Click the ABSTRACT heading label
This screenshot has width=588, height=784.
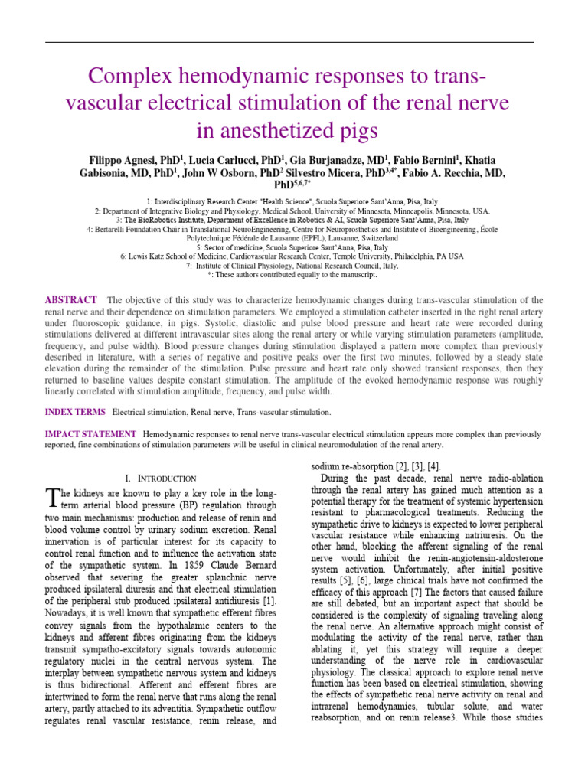[x=71, y=300]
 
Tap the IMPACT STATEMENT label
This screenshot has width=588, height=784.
[x=90, y=434]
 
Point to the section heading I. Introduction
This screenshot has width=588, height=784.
[x=160, y=478]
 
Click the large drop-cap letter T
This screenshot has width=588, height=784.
[x=52, y=499]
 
